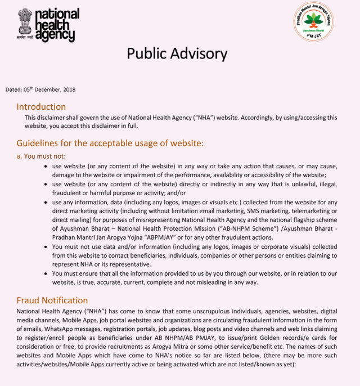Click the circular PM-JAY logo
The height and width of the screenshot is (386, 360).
click(313, 22)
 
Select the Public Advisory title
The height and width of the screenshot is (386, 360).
click(177, 54)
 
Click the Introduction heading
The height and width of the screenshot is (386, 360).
click(41, 106)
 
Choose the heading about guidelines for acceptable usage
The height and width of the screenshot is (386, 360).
click(110, 142)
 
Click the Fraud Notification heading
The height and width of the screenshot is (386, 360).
click(52, 300)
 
